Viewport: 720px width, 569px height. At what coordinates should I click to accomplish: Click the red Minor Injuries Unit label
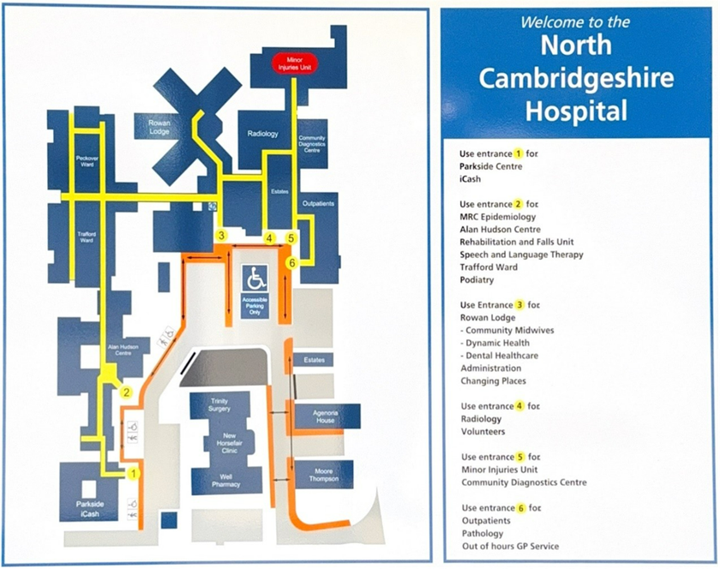[x=295, y=62]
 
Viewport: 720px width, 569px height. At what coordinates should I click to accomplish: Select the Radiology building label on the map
[x=263, y=134]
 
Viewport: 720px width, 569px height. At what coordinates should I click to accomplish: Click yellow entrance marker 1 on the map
[x=133, y=472]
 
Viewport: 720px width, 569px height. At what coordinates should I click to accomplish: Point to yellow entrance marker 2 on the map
[x=126, y=393]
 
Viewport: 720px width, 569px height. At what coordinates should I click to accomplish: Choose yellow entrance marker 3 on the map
[x=221, y=235]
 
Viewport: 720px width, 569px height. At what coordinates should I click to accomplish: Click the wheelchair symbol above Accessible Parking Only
[x=256, y=278]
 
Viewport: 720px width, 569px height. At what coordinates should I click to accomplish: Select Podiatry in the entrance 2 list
[x=479, y=279]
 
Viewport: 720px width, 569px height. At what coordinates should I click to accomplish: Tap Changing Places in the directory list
[x=493, y=380]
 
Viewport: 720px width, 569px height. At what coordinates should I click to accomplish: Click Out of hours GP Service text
[x=509, y=546]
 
